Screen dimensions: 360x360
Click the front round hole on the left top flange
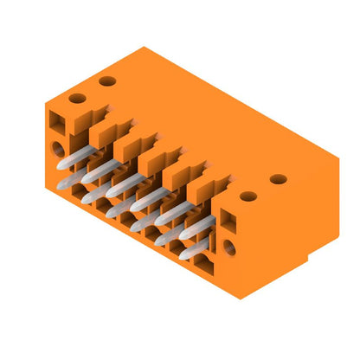point(77,98)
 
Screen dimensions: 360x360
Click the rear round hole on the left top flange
point(107,81)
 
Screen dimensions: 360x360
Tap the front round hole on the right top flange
point(248,196)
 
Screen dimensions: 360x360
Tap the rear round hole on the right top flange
point(278,179)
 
